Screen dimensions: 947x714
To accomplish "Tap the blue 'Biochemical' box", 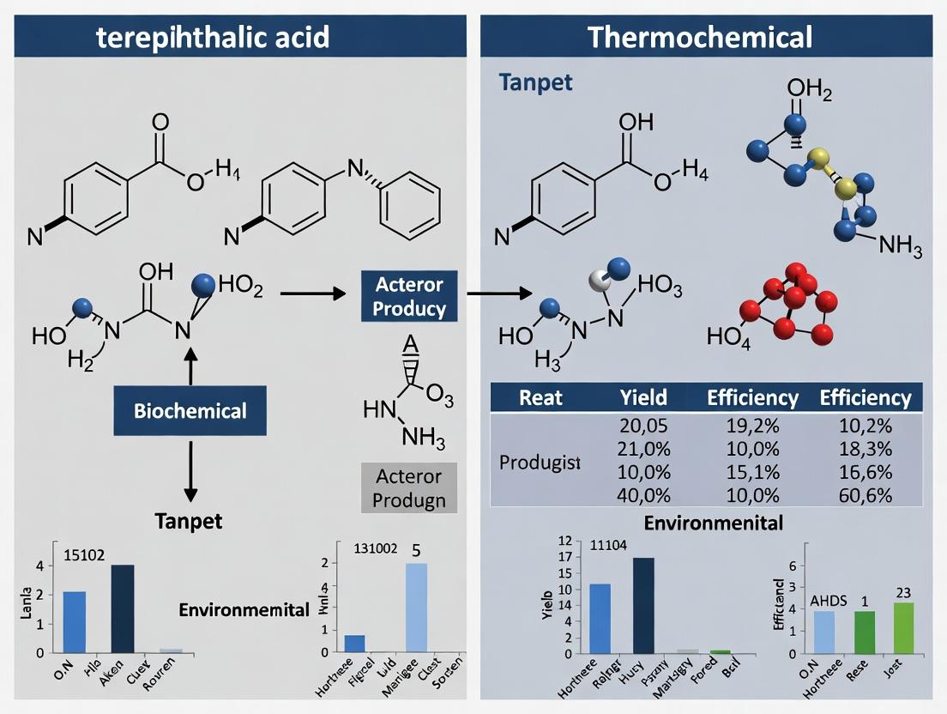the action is [190, 410].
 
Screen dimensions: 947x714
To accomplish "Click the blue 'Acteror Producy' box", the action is [403, 296].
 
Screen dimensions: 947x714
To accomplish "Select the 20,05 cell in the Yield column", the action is [642, 425].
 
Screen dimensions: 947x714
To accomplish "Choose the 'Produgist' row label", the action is [540, 462].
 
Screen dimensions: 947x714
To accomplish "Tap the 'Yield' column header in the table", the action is [642, 397].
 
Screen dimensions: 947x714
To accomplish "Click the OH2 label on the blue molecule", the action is [810, 90].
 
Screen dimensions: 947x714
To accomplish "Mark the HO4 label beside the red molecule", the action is [728, 336].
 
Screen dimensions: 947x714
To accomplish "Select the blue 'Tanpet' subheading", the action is [535, 83].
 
